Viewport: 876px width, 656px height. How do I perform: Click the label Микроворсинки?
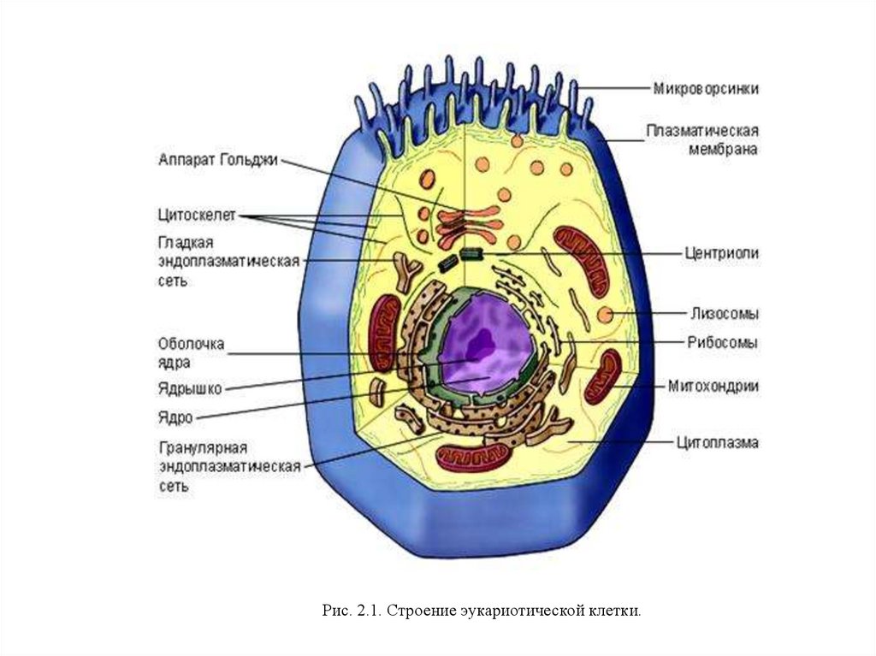(706, 88)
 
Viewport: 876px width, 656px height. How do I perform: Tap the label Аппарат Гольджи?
(218, 160)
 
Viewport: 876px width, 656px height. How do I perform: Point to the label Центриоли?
(721, 253)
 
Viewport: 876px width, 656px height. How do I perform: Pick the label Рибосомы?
(722, 342)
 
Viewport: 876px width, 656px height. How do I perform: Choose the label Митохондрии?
(713, 386)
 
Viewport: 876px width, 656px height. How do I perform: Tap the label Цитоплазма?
(717, 443)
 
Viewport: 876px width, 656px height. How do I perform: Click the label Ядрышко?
(190, 389)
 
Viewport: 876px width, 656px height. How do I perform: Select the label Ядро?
(175, 418)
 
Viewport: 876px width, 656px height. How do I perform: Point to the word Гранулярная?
(203, 448)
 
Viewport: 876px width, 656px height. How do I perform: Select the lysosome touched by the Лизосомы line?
(606, 314)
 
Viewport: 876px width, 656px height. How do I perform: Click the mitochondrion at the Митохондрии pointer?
(604, 376)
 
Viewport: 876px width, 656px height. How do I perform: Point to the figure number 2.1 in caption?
(366, 611)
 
